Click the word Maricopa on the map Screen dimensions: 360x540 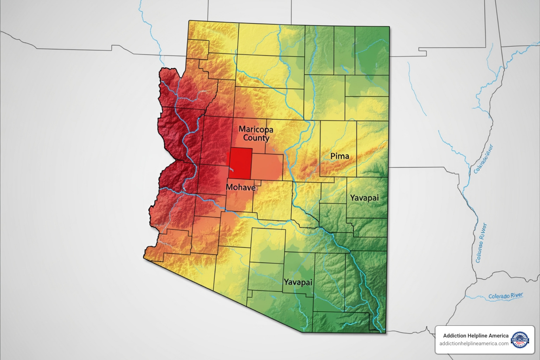tap(256, 129)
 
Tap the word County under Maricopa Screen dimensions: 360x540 tap(256, 138)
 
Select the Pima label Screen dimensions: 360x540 tap(340, 156)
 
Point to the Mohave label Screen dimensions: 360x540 tap(240, 187)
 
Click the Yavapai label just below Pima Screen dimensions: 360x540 tap(364, 198)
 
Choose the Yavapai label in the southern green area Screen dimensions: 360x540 tap(298, 282)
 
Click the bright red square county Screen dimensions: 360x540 tap(241, 163)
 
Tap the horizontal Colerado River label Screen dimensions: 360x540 tap(506, 296)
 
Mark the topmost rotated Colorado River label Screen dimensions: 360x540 tap(484, 159)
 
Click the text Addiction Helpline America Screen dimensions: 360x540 tap(475, 336)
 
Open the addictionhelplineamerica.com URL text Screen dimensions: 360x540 tap(474, 343)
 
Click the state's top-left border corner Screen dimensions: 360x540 tap(189, 21)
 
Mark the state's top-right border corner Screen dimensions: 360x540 tap(390, 26)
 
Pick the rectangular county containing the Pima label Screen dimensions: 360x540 tap(338, 149)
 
